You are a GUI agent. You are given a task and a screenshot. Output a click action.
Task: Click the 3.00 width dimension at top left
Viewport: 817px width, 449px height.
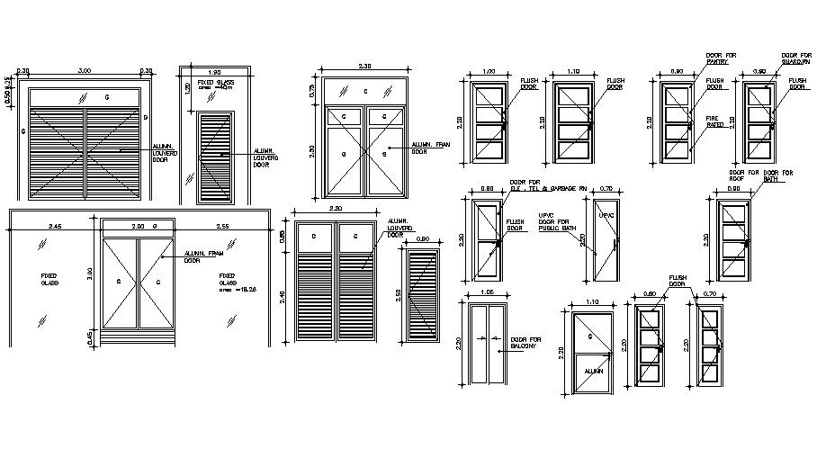(85, 71)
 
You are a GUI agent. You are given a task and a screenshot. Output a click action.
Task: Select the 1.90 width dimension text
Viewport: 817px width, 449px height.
(214, 71)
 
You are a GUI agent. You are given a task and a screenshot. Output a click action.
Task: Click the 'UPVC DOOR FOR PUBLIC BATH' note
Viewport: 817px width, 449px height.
(555, 223)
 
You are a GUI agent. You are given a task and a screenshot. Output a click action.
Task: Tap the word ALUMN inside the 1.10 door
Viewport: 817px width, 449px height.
(592, 371)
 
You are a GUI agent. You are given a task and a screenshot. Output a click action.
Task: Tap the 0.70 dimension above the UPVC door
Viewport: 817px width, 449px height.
(605, 189)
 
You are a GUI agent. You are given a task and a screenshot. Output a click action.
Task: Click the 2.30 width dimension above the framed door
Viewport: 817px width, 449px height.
(364, 67)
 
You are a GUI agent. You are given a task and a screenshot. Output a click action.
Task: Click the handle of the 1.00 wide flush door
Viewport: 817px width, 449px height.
(504, 125)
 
